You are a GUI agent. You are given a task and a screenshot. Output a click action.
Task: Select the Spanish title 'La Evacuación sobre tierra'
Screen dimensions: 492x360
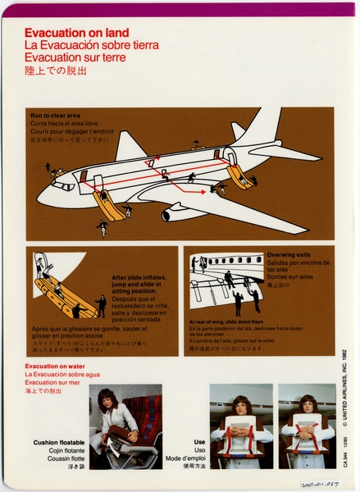point(91,45)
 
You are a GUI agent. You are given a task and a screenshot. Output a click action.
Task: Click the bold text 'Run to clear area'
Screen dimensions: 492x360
point(56,116)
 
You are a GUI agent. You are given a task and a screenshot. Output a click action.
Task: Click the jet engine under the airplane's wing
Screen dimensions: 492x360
point(175,215)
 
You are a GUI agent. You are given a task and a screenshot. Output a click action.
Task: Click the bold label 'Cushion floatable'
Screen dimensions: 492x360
point(57,442)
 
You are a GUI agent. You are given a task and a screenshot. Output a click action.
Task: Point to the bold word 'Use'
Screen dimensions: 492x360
point(199,442)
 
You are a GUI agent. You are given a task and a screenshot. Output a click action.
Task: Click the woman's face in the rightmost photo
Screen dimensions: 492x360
point(307,406)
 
